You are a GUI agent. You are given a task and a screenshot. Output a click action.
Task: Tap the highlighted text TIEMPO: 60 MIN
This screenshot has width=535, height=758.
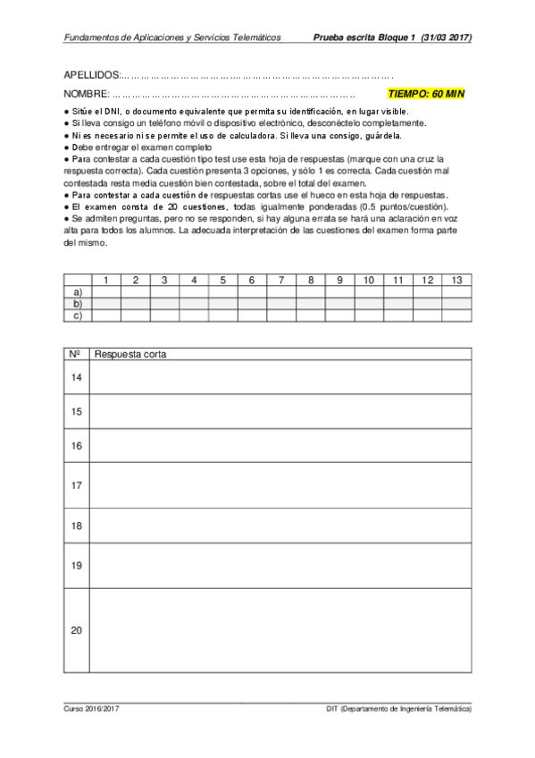426,93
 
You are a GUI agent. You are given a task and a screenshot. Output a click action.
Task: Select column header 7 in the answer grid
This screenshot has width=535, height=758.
281,281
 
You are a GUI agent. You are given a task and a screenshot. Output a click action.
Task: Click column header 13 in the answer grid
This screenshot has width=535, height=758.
456,281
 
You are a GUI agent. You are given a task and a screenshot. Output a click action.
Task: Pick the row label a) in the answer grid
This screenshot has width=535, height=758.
78,292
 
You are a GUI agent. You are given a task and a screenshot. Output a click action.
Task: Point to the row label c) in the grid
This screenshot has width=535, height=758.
78,315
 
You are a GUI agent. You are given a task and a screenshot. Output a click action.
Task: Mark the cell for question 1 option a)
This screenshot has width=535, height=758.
106,292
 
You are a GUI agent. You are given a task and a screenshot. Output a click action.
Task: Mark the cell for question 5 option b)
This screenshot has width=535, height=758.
222,304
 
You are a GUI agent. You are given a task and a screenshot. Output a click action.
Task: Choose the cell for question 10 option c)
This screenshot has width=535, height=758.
369,315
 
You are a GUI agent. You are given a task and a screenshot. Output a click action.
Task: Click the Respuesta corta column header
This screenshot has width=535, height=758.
130,355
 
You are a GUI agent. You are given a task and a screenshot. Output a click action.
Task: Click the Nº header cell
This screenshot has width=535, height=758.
76,355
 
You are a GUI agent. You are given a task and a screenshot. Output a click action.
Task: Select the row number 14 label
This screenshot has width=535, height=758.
76,378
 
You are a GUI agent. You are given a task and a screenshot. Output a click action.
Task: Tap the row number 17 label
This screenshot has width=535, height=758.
76,485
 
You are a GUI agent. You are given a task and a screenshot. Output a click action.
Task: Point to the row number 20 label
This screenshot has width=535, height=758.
76,630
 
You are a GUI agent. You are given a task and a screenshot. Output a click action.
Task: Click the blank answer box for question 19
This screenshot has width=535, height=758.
280,565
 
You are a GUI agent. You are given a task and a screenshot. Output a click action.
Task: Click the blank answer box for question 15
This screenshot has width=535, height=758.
280,411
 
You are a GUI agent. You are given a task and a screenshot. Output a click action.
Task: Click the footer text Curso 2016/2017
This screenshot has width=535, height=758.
91,708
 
